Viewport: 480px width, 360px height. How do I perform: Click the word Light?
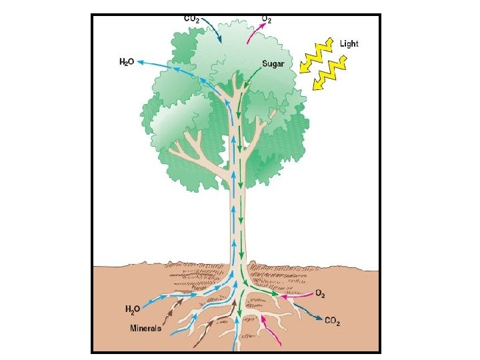click(349, 44)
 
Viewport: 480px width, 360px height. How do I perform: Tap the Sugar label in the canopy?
click(273, 64)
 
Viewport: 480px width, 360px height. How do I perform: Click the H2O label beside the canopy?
click(127, 62)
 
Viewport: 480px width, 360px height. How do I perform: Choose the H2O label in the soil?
click(133, 309)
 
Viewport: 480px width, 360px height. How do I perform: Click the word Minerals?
click(146, 328)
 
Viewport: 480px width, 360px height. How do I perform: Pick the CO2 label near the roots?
click(333, 323)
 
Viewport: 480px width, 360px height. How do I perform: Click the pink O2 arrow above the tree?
click(253, 33)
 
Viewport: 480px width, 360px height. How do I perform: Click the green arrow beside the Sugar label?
click(249, 75)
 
